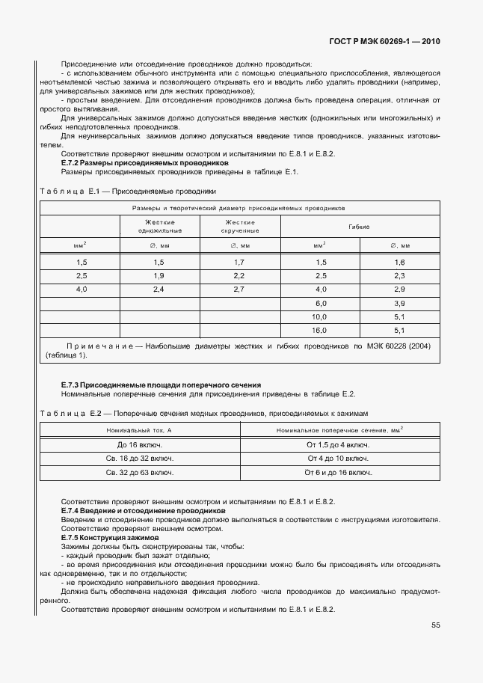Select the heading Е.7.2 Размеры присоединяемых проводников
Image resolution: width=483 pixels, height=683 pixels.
144,163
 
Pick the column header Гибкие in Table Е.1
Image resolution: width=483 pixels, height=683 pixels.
360,226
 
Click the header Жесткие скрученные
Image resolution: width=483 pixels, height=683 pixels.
239,226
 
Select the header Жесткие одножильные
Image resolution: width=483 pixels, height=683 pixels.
159,226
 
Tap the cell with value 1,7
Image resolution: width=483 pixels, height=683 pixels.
239,262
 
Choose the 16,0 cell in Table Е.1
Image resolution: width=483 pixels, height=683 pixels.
320,329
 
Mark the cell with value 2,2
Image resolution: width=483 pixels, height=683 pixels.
239,275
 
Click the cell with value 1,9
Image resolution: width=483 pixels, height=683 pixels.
159,275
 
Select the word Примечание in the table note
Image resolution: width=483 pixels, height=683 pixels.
100,346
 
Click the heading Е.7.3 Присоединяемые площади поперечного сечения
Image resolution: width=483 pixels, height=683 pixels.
161,385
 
